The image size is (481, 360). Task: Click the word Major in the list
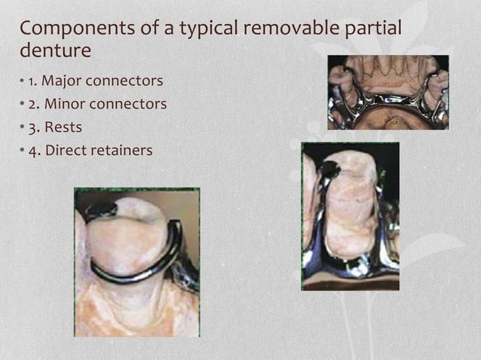point(61,80)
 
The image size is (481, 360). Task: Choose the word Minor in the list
point(62,103)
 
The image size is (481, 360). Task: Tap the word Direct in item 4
point(66,150)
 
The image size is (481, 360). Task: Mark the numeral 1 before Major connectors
point(32,80)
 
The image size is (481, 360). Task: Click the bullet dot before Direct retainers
point(21,150)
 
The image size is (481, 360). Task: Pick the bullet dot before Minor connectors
point(21,103)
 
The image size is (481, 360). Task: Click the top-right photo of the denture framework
point(388,92)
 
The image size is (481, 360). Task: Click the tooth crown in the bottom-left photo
point(128,237)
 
